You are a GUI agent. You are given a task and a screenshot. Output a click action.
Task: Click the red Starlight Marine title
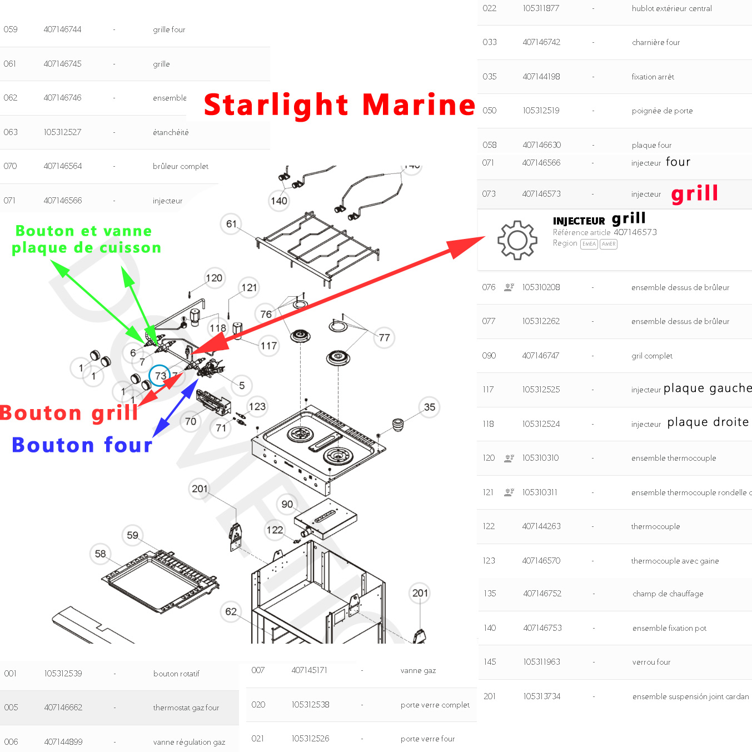339,104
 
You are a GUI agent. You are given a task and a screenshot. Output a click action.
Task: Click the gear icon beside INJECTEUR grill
517,240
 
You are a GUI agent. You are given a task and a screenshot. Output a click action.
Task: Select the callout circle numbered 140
279,201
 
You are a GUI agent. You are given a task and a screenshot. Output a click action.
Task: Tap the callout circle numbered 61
231,224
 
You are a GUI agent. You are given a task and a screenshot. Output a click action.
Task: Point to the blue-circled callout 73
160,376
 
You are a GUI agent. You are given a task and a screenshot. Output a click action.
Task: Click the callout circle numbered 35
430,407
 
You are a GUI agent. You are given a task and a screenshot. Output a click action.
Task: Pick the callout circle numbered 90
287,504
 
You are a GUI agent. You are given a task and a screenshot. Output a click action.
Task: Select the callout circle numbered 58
100,554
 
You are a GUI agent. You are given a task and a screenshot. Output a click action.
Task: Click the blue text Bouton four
82,445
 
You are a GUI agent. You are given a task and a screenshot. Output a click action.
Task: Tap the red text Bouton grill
69,412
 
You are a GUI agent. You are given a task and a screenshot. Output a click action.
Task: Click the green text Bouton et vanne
83,231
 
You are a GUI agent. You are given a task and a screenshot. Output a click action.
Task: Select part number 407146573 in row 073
541,194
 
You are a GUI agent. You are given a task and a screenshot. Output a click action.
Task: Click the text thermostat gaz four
186,708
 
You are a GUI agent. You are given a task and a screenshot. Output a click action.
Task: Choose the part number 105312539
63,674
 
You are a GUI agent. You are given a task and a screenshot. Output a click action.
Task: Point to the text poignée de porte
662,111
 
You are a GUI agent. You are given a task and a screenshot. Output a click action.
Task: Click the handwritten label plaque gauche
708,388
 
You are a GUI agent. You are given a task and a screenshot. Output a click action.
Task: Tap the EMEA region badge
589,244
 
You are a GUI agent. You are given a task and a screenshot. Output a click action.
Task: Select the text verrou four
651,662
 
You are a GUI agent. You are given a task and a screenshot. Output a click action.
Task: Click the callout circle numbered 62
231,611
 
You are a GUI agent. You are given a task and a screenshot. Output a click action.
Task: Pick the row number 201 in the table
489,696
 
